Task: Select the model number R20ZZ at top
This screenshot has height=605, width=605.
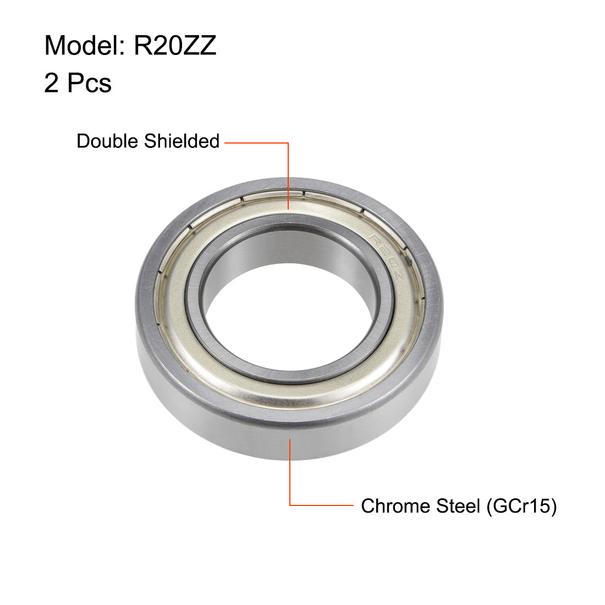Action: coord(175,46)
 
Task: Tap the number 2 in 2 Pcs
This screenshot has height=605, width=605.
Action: coord(51,83)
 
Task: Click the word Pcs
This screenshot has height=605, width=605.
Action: coord(89,83)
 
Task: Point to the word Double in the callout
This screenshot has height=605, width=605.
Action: coord(108,141)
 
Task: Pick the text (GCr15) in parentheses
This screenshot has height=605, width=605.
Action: coord(521,506)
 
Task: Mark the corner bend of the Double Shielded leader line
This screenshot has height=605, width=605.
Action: coord(289,143)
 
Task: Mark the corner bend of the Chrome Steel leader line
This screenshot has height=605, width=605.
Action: coord(290,505)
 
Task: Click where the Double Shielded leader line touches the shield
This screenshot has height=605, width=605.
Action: coord(289,209)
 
